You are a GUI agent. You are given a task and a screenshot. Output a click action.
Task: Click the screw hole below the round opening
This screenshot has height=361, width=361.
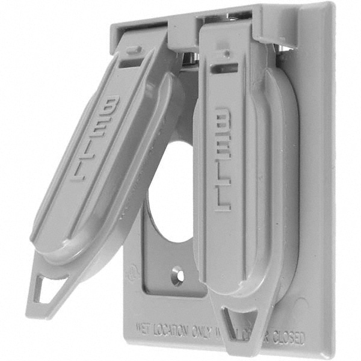[x=177, y=271]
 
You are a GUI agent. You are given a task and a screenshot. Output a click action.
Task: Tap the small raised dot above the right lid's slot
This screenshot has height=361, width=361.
[x=225, y=52]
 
